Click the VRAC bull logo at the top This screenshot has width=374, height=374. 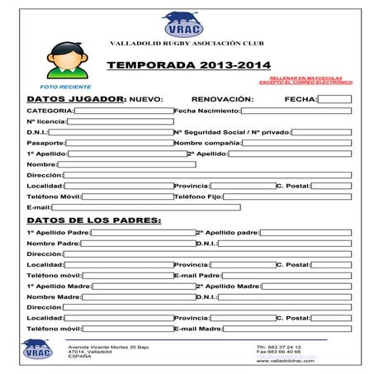[x=182, y=24]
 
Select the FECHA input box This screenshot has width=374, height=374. [x=334, y=99]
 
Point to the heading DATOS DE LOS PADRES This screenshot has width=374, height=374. [x=94, y=220]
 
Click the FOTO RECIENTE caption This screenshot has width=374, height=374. [x=65, y=87]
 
